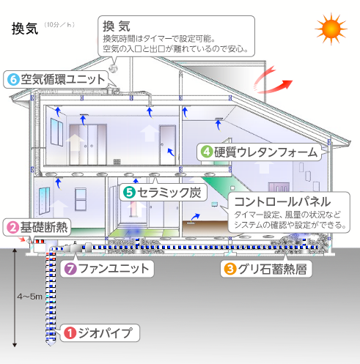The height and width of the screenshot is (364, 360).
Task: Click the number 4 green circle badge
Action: tap(207, 152)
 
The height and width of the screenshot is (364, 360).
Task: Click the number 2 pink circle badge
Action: tap(12, 227)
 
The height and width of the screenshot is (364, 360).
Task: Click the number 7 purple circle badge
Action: tap(70, 269)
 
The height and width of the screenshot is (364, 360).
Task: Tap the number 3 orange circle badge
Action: tap(229, 268)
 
